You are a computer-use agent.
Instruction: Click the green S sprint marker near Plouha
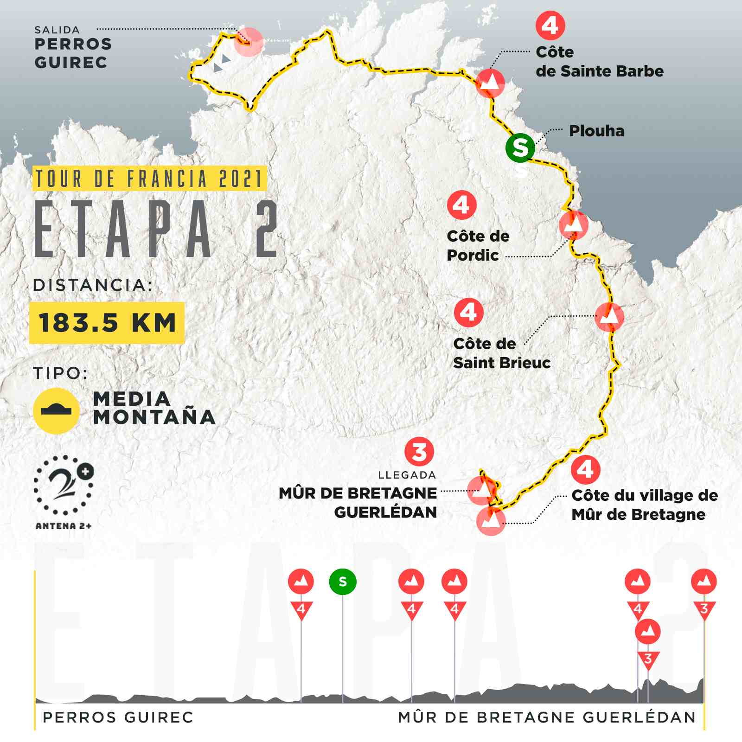point(520,147)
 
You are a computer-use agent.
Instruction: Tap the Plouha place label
point(596,131)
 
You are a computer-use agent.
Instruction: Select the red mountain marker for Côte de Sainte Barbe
point(490,83)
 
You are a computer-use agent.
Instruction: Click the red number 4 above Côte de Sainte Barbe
point(550,26)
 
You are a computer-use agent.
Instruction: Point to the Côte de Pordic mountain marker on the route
point(574,225)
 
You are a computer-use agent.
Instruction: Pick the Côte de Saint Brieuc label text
point(502,353)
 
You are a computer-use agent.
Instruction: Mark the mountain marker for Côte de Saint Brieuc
point(609,317)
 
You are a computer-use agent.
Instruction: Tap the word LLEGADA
point(407,475)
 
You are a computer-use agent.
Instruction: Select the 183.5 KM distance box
point(107,323)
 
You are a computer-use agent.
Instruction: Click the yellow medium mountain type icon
point(56,410)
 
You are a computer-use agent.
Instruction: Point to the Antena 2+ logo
point(64,492)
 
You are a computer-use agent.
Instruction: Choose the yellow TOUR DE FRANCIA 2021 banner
point(149,179)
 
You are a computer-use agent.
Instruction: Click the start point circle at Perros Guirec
point(249,42)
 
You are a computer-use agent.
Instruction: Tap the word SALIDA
point(57,30)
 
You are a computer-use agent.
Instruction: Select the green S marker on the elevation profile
point(343,582)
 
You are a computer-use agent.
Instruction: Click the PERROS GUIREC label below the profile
point(118,717)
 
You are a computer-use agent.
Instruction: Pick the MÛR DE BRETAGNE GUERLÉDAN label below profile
point(547,717)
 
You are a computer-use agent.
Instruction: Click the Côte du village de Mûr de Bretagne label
point(644,505)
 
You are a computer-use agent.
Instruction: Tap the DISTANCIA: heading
point(93,285)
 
